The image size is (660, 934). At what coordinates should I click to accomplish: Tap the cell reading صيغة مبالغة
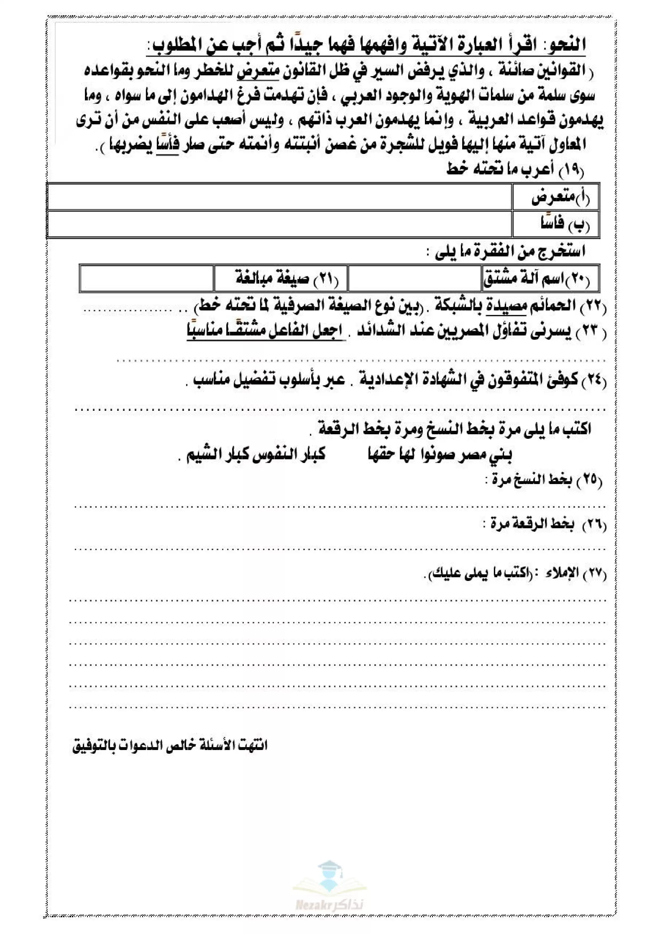(281, 279)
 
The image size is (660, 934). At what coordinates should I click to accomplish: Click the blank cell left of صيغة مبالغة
(147, 279)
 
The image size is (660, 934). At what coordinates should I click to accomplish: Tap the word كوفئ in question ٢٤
(563, 380)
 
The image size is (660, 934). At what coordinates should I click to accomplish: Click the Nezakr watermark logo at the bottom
(329, 893)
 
